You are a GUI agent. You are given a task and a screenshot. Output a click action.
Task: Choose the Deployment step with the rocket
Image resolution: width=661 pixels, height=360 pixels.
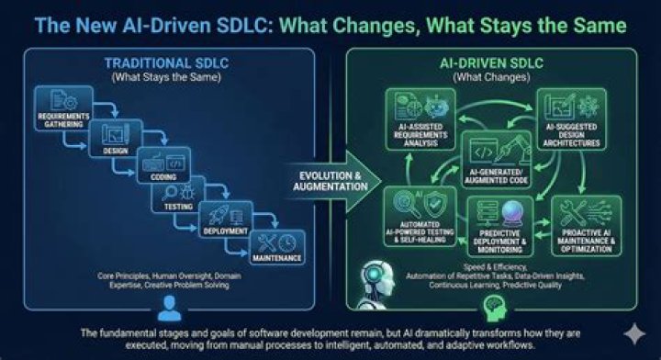point(224,220)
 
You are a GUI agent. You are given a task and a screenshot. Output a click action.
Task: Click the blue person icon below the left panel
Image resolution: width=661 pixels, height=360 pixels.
point(168,306)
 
